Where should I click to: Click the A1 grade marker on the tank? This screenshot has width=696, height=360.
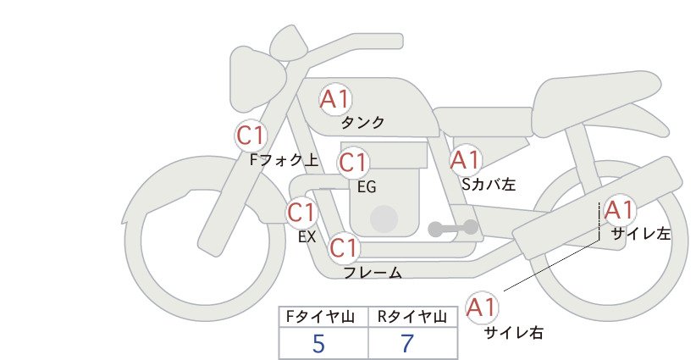click(335, 99)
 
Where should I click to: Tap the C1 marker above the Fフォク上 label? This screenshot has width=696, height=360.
click(251, 136)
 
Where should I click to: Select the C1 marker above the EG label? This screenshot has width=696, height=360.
click(353, 163)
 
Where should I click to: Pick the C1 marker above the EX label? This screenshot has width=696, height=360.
click(301, 213)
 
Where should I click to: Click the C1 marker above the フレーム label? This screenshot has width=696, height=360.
click(344, 248)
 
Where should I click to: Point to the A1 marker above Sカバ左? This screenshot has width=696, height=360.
click(466, 160)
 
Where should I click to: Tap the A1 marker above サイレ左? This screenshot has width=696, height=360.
click(620, 210)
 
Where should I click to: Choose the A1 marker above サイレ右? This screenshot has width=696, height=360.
click(482, 307)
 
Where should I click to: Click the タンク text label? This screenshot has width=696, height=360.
click(362, 122)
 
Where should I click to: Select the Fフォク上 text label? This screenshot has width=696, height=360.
click(284, 159)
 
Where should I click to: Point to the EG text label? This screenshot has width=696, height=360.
click(367, 187)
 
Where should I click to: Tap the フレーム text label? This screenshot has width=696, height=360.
click(373, 273)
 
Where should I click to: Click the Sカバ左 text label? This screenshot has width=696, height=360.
click(489, 184)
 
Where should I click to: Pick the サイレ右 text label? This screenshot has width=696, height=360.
click(514, 333)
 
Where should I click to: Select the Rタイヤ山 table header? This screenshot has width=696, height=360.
click(412, 317)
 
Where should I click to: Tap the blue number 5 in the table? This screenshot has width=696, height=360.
click(318, 343)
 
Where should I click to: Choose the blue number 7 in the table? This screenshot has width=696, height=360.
click(407, 343)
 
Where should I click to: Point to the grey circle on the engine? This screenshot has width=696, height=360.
click(384, 219)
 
